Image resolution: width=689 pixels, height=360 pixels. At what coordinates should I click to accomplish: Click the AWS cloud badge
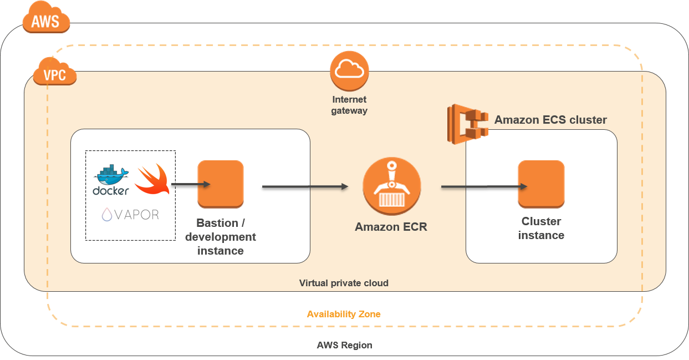point(46,21)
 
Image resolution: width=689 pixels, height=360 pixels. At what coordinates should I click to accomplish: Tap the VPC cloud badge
point(55,74)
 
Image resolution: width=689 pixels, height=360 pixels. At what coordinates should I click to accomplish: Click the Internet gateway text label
point(349,105)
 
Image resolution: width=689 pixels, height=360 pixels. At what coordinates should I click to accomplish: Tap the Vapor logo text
point(130,215)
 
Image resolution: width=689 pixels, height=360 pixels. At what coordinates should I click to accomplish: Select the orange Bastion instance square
point(221,184)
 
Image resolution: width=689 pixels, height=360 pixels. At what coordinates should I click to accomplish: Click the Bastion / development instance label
point(221,237)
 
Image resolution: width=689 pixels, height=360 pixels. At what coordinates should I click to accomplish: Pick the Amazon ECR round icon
point(391,187)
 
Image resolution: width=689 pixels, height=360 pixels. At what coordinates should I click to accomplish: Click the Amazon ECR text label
point(391,226)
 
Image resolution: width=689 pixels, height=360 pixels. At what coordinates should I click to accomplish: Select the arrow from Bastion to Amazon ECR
point(305,187)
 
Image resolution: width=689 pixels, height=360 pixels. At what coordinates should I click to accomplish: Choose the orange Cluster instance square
point(541,184)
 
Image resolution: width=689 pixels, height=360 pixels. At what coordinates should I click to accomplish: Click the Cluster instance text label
point(541,228)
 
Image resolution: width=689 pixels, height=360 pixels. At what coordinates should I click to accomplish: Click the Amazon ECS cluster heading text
point(550,120)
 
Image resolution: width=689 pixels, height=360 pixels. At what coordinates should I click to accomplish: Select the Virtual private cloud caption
point(344,283)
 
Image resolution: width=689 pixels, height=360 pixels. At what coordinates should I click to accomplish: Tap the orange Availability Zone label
point(344,314)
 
